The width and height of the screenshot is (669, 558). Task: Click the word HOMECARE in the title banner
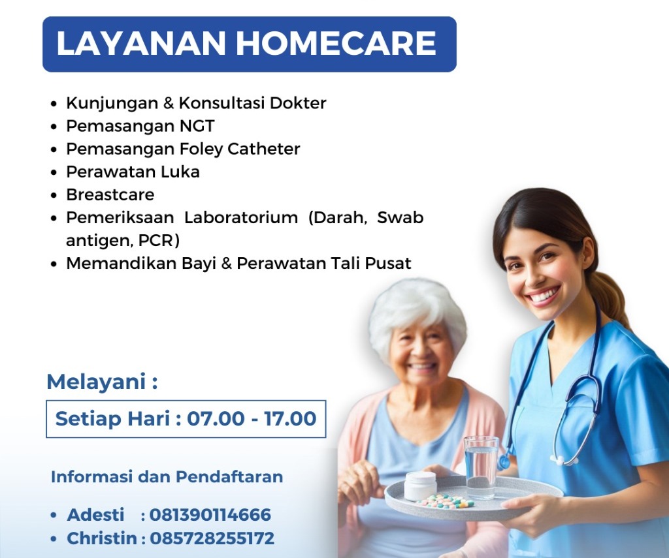click(x=336, y=43)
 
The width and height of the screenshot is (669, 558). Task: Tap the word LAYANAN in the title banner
click(x=141, y=43)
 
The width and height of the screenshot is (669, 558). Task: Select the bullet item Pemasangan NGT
click(x=140, y=127)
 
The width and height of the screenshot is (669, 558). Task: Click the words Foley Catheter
click(x=239, y=149)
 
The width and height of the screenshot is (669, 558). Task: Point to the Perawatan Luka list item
click(x=133, y=172)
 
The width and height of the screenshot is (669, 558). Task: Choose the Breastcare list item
click(x=110, y=194)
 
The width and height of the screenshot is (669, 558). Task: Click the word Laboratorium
click(x=241, y=217)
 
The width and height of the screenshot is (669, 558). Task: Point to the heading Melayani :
click(x=102, y=382)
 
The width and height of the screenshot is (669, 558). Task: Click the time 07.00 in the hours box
click(x=216, y=418)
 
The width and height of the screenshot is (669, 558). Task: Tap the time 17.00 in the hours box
click(x=290, y=418)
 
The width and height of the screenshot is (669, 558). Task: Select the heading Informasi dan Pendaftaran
click(x=167, y=476)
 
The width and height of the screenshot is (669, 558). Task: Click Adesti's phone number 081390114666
click(x=210, y=515)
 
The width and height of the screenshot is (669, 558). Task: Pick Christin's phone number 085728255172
click(x=212, y=538)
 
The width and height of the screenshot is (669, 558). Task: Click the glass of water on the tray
click(x=481, y=467)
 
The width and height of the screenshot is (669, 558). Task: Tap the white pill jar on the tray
click(x=420, y=486)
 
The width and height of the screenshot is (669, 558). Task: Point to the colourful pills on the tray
click(x=446, y=501)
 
